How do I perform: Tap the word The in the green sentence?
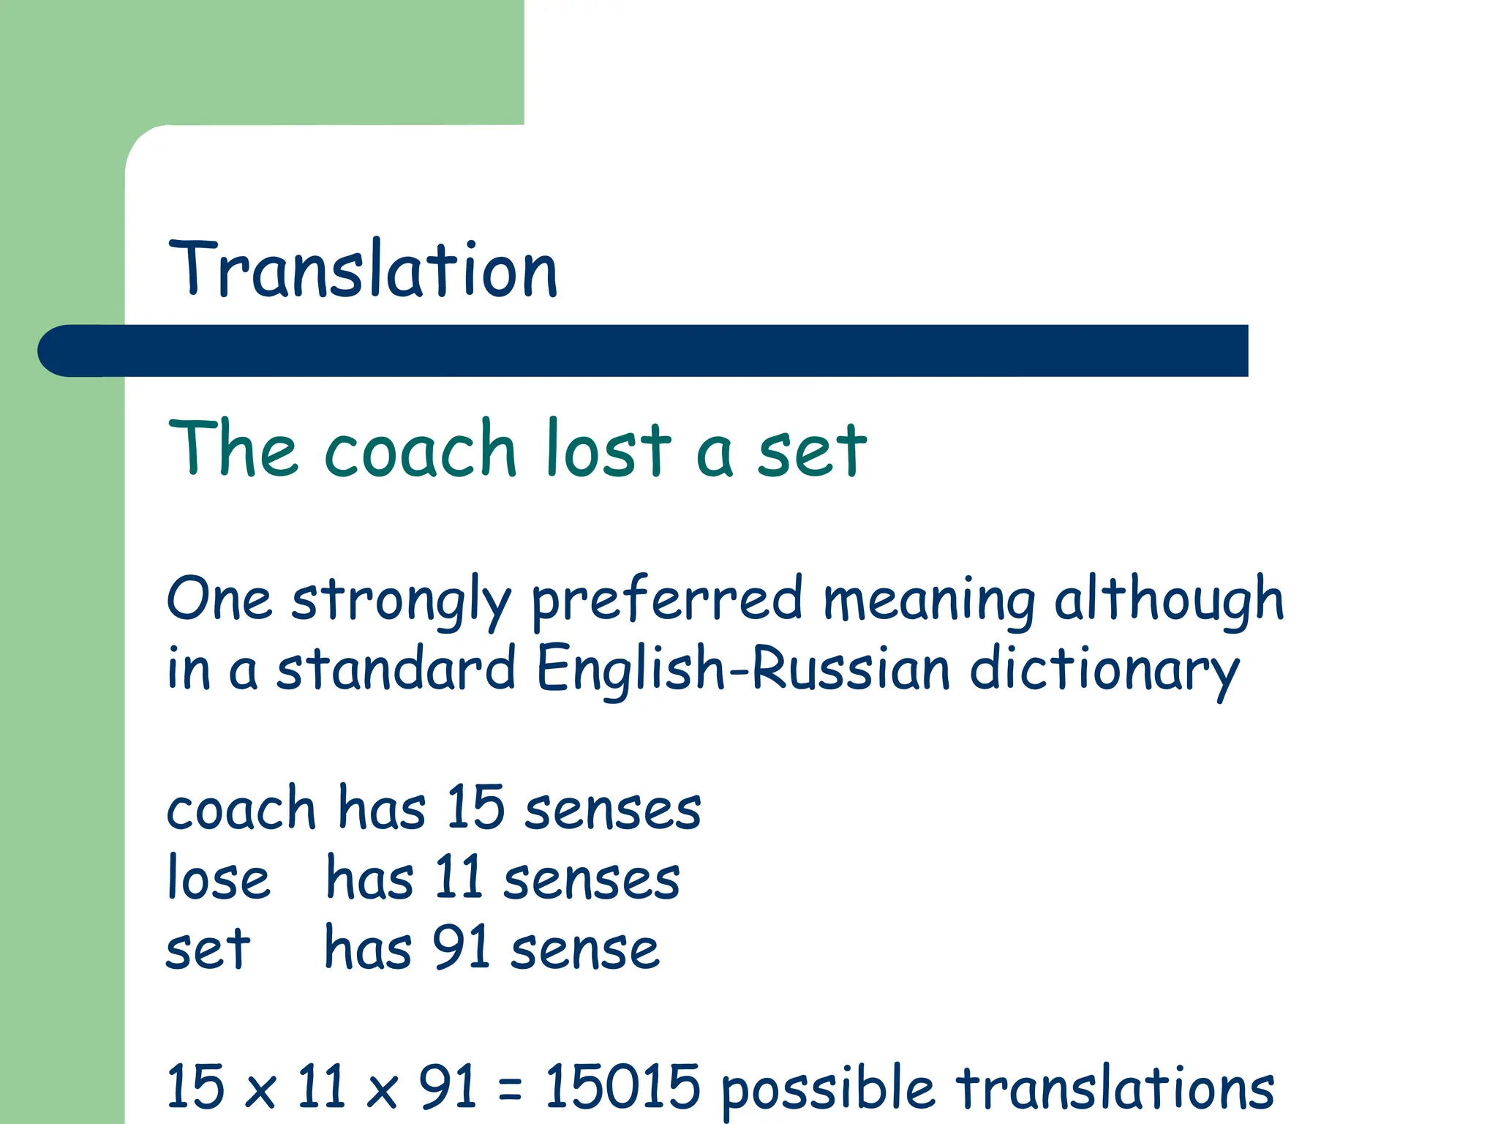(233, 448)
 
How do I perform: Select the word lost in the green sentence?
(609, 448)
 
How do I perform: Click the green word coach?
(421, 449)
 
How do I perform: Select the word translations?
(1115, 1086)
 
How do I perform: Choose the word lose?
(218, 878)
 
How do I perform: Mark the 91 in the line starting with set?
(462, 948)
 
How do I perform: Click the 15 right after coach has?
(475, 808)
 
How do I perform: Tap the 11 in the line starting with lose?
(458, 878)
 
